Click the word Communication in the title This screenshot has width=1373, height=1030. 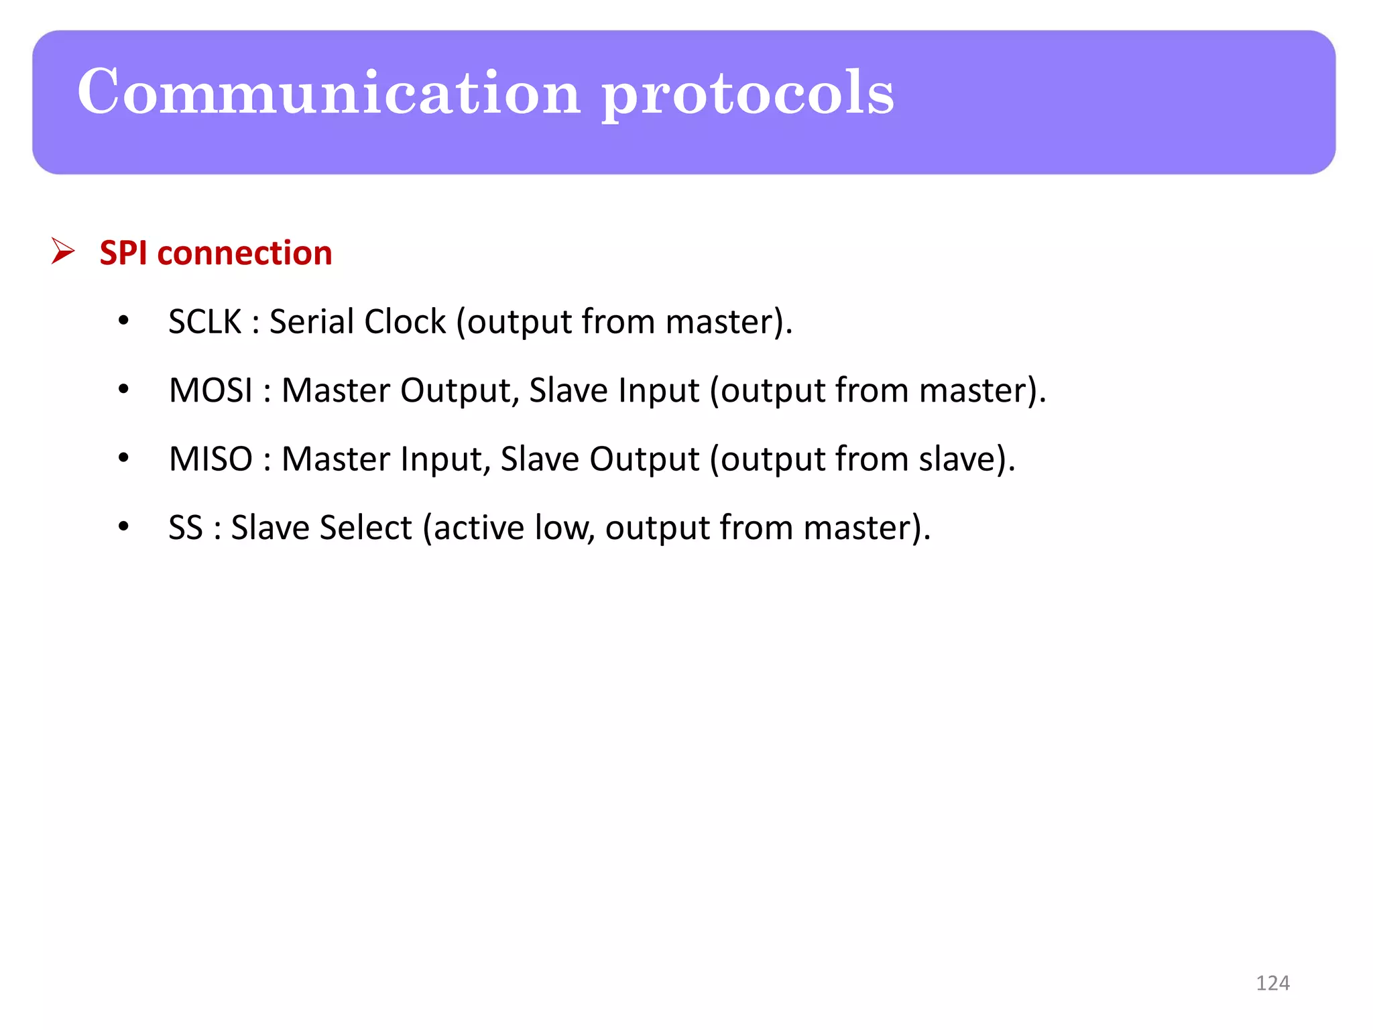pyautogui.click(x=329, y=92)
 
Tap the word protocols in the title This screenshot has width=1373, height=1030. pyautogui.click(x=748, y=94)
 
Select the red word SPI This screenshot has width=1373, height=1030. pyautogui.click(x=123, y=253)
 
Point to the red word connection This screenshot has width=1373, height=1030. pyautogui.click(x=244, y=253)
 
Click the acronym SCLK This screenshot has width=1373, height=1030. pyautogui.click(x=204, y=321)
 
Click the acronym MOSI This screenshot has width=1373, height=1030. pyautogui.click(x=211, y=390)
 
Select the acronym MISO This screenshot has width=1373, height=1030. pyautogui.click(x=211, y=459)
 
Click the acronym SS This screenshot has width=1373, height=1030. pyautogui.click(x=185, y=528)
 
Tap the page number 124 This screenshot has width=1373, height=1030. pyautogui.click(x=1272, y=983)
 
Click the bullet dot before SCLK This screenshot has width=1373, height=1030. pyautogui.click(x=123, y=321)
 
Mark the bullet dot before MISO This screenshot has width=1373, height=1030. pyautogui.click(x=123, y=459)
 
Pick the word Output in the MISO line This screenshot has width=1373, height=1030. pyautogui.click(x=644, y=459)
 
